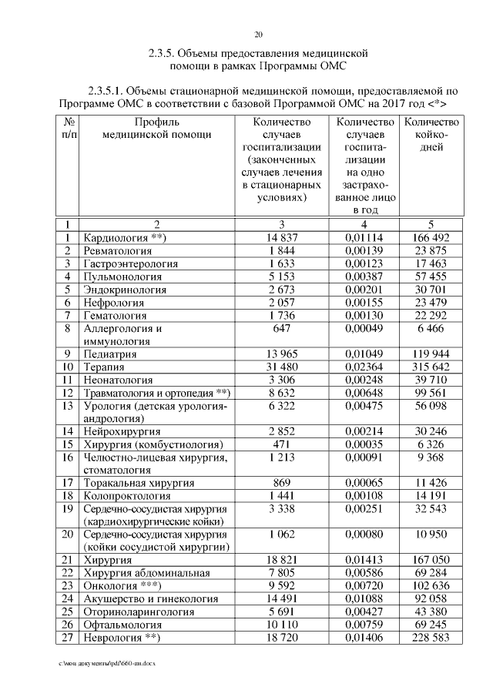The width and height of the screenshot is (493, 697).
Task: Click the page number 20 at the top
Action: point(258,35)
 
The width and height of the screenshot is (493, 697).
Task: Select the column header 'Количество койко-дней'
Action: point(431,134)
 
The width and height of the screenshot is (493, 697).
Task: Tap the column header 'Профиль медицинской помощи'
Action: point(156,128)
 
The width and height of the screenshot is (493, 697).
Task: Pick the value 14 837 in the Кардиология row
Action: point(283,238)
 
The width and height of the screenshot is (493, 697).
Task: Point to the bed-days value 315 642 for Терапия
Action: point(431,367)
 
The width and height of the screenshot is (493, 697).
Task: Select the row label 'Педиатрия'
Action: point(110,354)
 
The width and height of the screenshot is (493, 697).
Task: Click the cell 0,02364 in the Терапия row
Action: point(366,367)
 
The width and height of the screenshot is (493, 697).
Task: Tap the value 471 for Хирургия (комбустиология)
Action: point(283,445)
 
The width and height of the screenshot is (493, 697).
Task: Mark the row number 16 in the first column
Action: point(68,458)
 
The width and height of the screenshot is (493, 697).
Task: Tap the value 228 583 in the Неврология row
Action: point(431,637)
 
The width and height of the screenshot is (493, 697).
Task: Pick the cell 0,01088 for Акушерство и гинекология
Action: point(366,598)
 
